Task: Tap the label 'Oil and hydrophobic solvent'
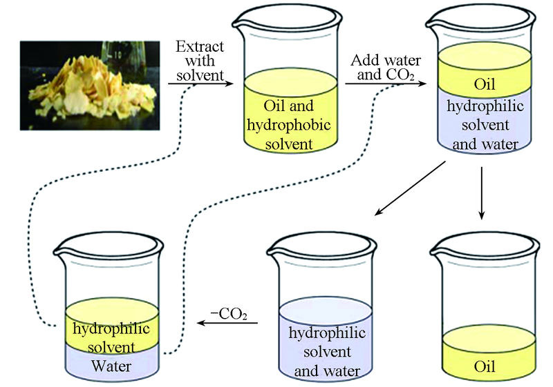[289, 125]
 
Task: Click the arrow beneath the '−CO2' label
[228, 322]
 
